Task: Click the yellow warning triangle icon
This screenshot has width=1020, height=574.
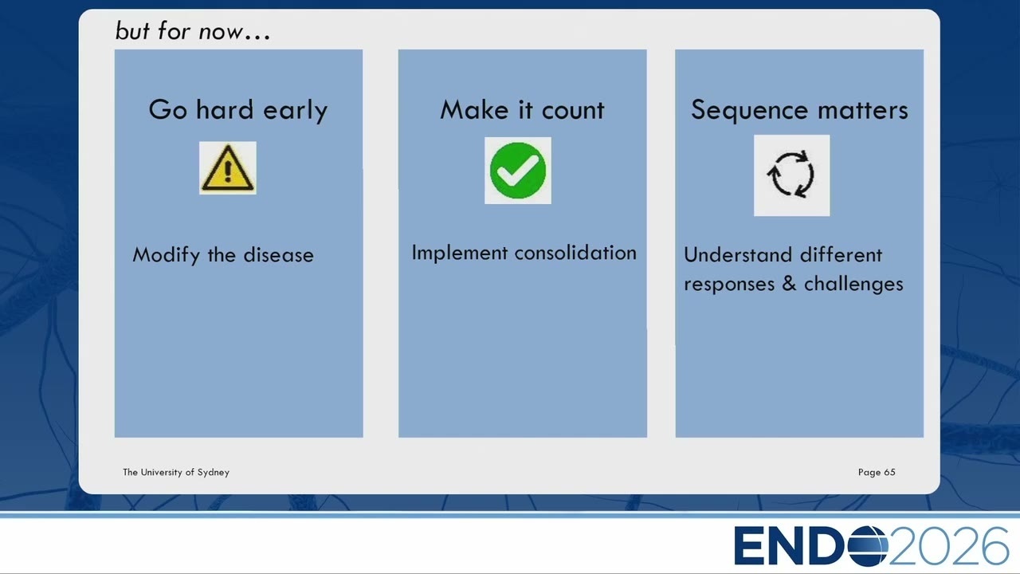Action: tap(227, 167)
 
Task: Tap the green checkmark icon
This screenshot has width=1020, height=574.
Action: tap(518, 171)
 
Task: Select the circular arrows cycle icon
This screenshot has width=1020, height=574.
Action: tap(791, 175)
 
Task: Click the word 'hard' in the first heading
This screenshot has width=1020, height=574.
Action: tap(225, 109)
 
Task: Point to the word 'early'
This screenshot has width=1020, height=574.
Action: tap(295, 111)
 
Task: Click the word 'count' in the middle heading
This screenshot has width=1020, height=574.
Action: tap(573, 111)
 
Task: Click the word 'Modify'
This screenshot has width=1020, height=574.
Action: tap(167, 255)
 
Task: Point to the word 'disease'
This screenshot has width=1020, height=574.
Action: tap(279, 255)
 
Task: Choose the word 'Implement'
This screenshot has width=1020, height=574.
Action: tap(460, 253)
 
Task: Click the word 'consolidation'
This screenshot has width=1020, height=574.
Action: tap(575, 253)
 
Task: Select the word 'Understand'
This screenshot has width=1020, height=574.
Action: tap(738, 255)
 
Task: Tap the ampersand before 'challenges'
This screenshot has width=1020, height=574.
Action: tap(789, 284)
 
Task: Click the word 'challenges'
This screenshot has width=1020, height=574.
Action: tap(853, 285)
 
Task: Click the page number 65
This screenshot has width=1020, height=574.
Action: tap(890, 473)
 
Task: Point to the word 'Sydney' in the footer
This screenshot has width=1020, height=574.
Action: tap(213, 473)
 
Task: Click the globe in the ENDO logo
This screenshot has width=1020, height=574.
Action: tap(868, 546)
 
